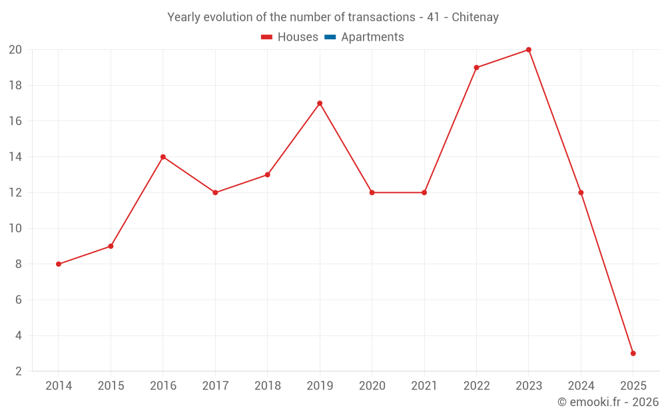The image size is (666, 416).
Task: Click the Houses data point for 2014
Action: tap(59, 264)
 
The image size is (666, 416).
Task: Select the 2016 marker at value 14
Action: tap(163, 157)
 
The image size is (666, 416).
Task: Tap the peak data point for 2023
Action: tap(529, 50)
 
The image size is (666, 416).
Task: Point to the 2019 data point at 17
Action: tap(320, 103)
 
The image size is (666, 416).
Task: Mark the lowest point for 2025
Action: tap(633, 353)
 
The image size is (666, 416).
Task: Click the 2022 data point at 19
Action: tap(476, 67)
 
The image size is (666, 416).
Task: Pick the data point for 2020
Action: tap(372, 192)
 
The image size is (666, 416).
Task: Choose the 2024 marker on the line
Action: tap(581, 192)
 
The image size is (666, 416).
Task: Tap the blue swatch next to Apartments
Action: tap(330, 37)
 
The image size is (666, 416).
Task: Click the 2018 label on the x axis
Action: tap(267, 386)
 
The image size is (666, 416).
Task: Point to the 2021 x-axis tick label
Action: tap(424, 386)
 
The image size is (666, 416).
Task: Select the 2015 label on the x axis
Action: tap(111, 386)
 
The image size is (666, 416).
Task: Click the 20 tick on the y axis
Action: tap(15, 50)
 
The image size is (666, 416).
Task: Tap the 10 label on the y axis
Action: tap(15, 228)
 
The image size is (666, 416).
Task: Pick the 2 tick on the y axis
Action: tap(19, 371)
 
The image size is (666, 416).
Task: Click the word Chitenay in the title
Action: tap(475, 17)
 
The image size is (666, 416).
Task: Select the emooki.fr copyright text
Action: tap(608, 402)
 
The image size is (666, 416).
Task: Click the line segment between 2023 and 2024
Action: tap(555, 121)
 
